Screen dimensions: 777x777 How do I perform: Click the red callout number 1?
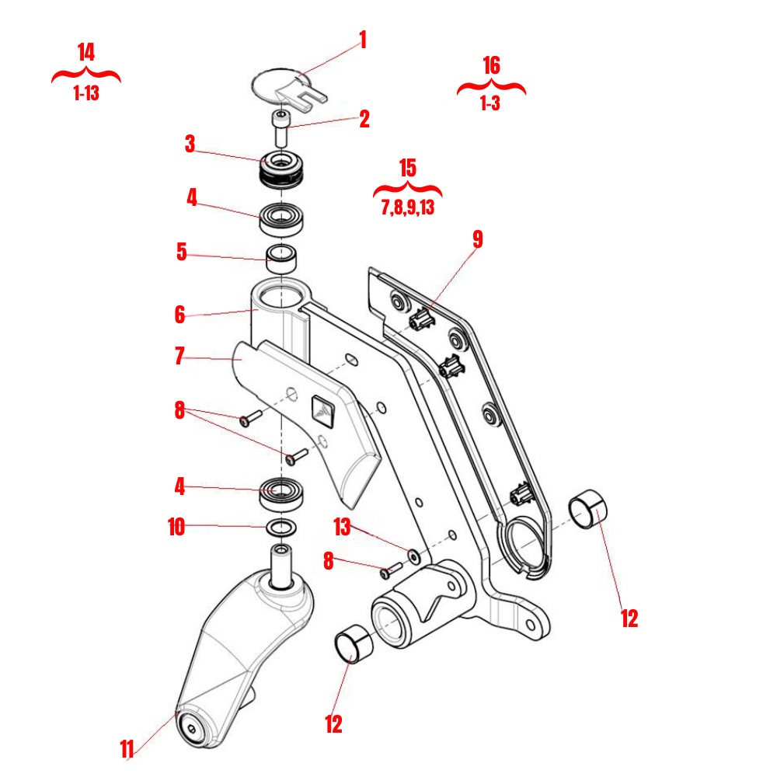point(362,40)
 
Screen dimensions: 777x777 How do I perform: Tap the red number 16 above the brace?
point(491,66)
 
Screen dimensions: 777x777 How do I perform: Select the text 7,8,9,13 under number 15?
point(407,207)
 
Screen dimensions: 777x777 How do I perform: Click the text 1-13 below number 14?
point(86,94)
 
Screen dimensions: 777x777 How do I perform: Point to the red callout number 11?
point(128,749)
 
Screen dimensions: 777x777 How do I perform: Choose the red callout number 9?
point(477,239)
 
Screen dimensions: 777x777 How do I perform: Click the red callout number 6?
point(180,315)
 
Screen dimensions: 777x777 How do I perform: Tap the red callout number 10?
point(176,528)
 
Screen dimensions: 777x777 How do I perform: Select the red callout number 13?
point(342,527)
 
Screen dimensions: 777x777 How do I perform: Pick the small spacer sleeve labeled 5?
point(284,259)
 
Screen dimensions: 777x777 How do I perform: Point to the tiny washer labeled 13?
point(413,556)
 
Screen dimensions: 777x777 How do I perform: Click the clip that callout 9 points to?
point(420,319)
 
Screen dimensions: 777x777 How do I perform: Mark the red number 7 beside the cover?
point(179,357)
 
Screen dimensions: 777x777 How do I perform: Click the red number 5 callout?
point(181,253)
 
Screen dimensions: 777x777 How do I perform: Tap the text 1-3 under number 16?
point(490,103)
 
